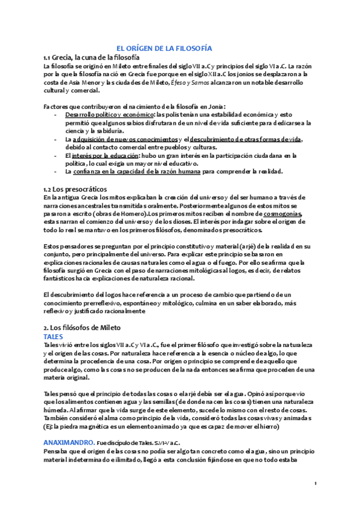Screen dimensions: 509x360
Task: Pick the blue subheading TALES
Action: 54,337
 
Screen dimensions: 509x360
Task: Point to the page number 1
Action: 315,484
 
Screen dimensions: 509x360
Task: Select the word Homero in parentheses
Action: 131,214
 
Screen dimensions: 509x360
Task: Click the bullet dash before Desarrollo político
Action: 56,114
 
